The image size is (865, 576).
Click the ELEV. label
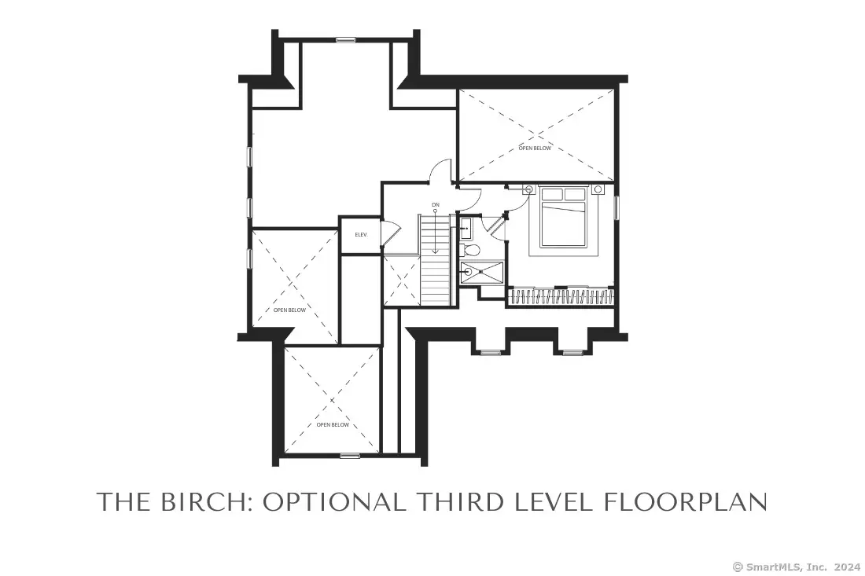click(361, 235)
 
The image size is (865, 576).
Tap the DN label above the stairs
click(436, 204)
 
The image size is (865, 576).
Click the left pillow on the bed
click(553, 194)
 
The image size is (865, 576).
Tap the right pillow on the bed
click(575, 194)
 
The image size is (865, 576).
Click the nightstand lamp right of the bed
click(598, 189)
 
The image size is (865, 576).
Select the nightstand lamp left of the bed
click(529, 189)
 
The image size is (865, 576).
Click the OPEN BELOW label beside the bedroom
click(535, 149)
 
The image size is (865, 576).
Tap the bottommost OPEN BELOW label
click(333, 425)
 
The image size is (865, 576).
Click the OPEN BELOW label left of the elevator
click(289, 310)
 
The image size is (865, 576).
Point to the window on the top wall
click(345, 40)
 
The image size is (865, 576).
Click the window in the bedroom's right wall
click(617, 207)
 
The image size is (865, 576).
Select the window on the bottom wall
click(350, 456)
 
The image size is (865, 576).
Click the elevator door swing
click(390, 234)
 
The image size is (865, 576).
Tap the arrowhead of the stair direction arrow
click(436, 251)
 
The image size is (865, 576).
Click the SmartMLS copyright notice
click(796, 567)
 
